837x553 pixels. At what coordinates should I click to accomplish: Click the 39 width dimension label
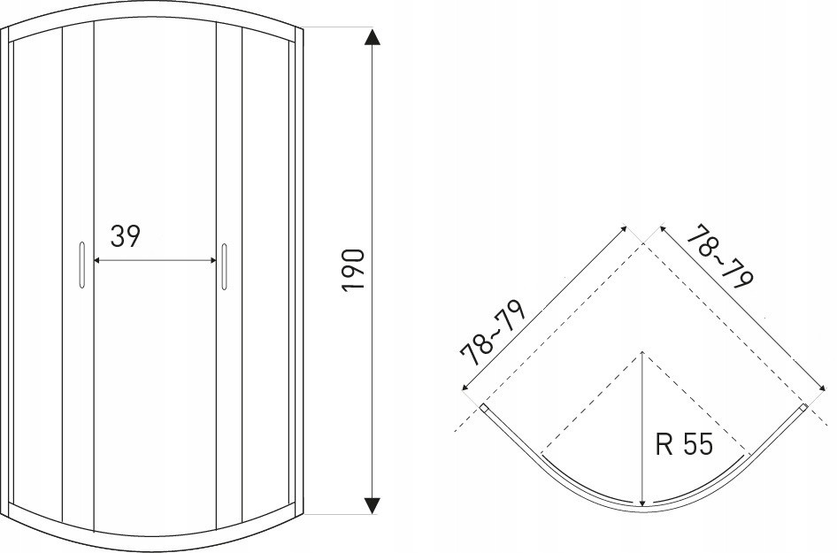click(x=126, y=236)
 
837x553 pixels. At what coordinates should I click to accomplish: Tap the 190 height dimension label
click(x=353, y=270)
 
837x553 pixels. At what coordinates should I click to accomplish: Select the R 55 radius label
click(x=684, y=444)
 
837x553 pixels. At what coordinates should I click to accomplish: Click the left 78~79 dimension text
click(x=494, y=333)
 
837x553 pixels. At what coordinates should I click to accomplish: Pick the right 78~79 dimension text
click(x=720, y=257)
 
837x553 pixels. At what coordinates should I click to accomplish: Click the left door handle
click(x=81, y=265)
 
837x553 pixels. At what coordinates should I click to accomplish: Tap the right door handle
click(x=225, y=267)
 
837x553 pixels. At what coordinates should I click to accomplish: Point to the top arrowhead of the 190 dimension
click(x=372, y=37)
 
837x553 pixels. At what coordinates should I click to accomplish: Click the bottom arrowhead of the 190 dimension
click(x=372, y=505)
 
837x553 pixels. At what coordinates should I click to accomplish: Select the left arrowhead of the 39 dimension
click(x=97, y=260)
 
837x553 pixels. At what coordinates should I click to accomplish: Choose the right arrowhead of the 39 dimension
click(x=212, y=260)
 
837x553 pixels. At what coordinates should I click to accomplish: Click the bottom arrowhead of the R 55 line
click(x=643, y=502)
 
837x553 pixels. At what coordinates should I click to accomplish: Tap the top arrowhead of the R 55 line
click(x=643, y=355)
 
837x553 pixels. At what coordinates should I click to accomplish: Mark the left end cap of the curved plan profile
click(x=483, y=409)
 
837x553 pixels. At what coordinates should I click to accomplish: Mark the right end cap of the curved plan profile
click(x=803, y=409)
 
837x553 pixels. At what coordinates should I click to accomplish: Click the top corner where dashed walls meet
click(x=643, y=244)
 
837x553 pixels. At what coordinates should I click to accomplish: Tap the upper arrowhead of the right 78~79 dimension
click(x=664, y=229)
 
